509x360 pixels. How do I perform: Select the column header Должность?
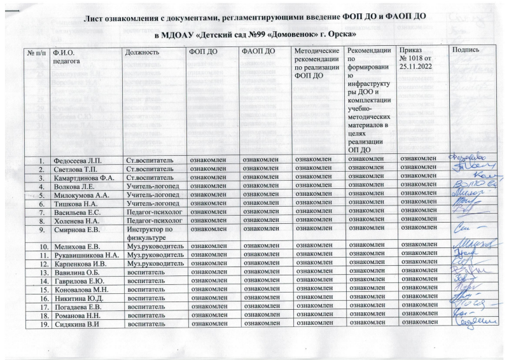(x=141, y=51)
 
